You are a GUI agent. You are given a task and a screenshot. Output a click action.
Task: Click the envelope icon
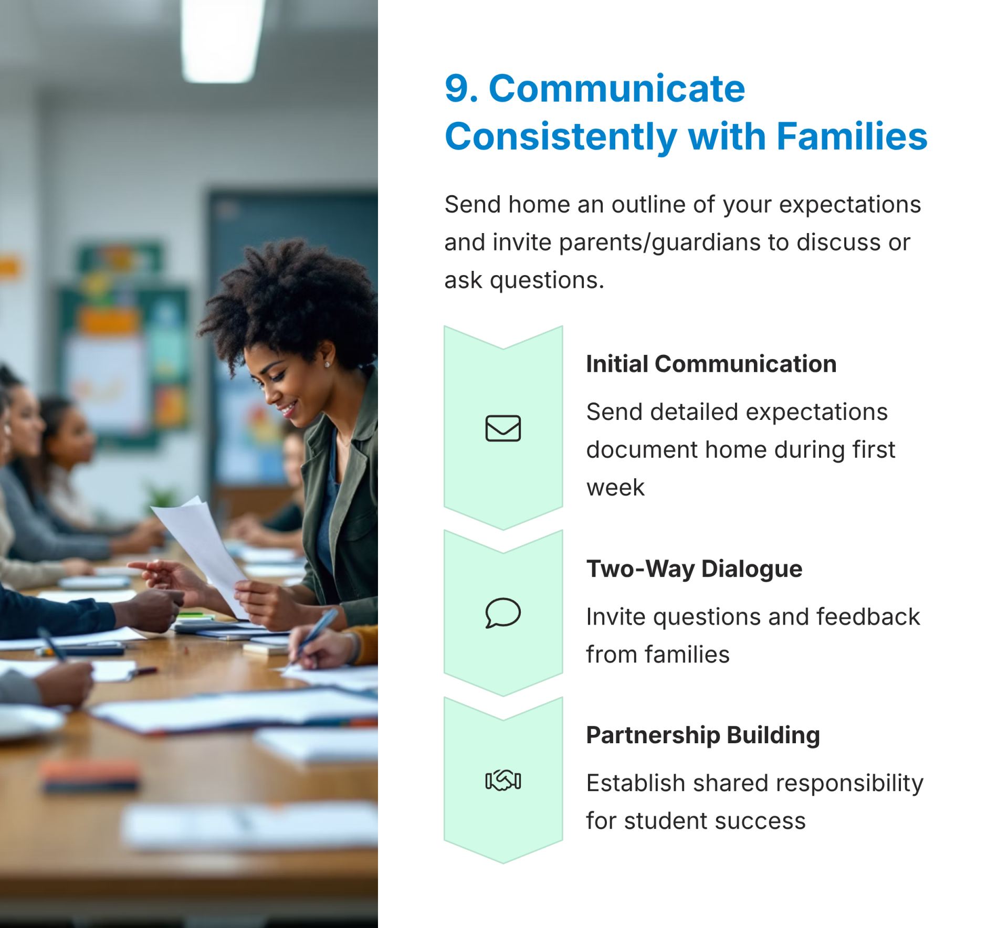tap(503, 428)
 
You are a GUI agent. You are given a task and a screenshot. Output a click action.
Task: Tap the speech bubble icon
tap(503, 613)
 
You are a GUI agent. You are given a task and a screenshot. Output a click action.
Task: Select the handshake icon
tap(503, 780)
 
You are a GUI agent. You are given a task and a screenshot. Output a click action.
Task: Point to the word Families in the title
tap(852, 136)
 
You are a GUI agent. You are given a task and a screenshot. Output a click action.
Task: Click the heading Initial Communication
tap(711, 364)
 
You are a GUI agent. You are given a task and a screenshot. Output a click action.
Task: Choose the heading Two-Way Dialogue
tap(694, 569)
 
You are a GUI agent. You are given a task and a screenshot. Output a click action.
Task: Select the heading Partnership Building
tap(703, 735)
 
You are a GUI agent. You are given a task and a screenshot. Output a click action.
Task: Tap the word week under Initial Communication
tap(615, 488)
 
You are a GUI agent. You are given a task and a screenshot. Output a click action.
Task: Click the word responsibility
tap(849, 784)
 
